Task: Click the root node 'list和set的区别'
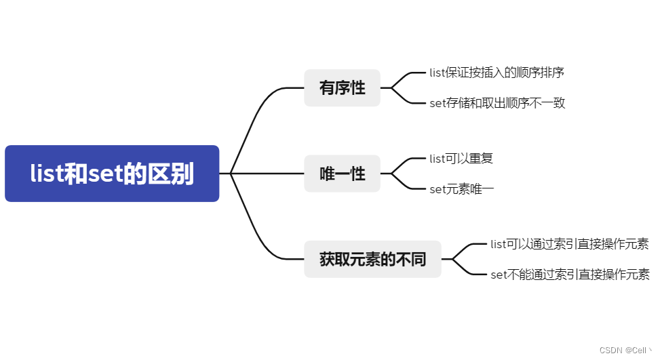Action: point(112,174)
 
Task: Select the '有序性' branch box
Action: point(342,88)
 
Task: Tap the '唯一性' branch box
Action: point(342,174)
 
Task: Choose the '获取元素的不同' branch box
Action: point(372,259)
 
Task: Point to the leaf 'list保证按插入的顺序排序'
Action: point(496,73)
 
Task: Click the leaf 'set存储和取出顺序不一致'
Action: point(497,103)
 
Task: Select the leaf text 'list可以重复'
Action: point(461,159)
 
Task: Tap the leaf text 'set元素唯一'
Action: point(462,189)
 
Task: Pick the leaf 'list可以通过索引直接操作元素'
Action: point(569,244)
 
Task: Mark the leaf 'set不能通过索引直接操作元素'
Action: point(570,275)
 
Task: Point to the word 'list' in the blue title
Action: point(46,174)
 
